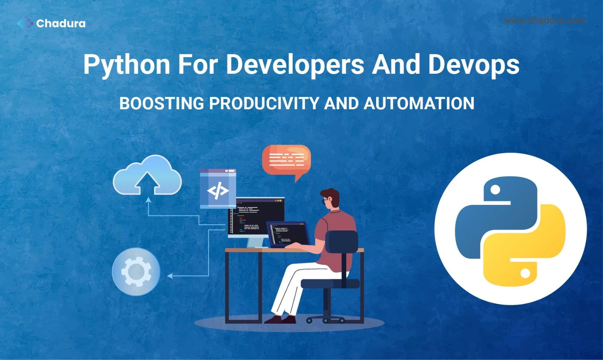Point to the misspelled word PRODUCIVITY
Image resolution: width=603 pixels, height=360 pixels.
pyautogui.click(x=264, y=103)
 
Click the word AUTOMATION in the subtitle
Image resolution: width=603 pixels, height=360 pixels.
pyautogui.click(x=419, y=103)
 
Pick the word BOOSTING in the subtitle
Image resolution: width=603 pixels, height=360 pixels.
pyautogui.click(x=162, y=103)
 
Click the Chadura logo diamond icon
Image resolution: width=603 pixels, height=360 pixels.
pyautogui.click(x=25, y=23)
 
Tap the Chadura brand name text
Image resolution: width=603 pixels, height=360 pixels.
pyautogui.click(x=61, y=23)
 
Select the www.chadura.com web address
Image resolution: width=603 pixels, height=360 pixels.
pyautogui.click(x=544, y=20)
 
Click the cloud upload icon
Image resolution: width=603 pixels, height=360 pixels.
pyautogui.click(x=147, y=175)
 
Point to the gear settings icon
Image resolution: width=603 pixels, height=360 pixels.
pyautogui.click(x=136, y=272)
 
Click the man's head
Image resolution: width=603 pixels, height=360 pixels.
pyautogui.click(x=330, y=198)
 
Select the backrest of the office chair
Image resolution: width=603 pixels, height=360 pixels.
pyautogui.click(x=341, y=242)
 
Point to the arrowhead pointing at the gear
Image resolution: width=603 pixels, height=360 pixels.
pyautogui.click(x=170, y=276)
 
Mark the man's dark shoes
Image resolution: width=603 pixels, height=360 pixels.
pyautogui.click(x=280, y=319)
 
